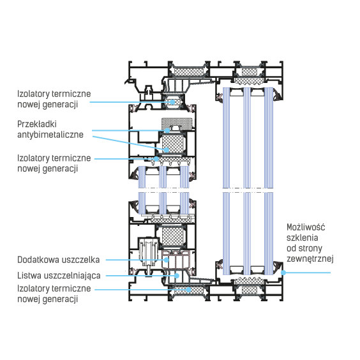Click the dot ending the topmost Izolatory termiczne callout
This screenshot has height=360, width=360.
click(x=172, y=102)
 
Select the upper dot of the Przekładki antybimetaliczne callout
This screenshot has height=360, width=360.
click(x=167, y=130)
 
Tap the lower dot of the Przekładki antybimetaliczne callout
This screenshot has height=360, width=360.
click(x=167, y=150)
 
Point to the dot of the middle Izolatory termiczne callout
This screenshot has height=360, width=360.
click(x=156, y=159)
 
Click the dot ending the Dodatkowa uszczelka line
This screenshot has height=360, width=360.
click(x=166, y=260)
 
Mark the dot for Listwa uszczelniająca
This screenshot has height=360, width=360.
click(x=177, y=276)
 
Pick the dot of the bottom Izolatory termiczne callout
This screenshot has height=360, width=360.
click(x=188, y=290)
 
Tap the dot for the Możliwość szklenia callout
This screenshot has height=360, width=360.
click(x=283, y=273)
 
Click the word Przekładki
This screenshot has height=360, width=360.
click(x=37, y=124)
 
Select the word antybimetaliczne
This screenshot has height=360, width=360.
click(x=50, y=135)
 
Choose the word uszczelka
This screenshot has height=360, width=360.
click(x=79, y=260)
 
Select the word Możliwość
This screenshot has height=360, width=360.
click(x=306, y=227)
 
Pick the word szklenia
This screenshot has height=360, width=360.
click(x=303, y=237)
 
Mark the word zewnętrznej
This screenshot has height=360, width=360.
click(x=310, y=259)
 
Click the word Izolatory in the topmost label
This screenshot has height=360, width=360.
click(x=33, y=94)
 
